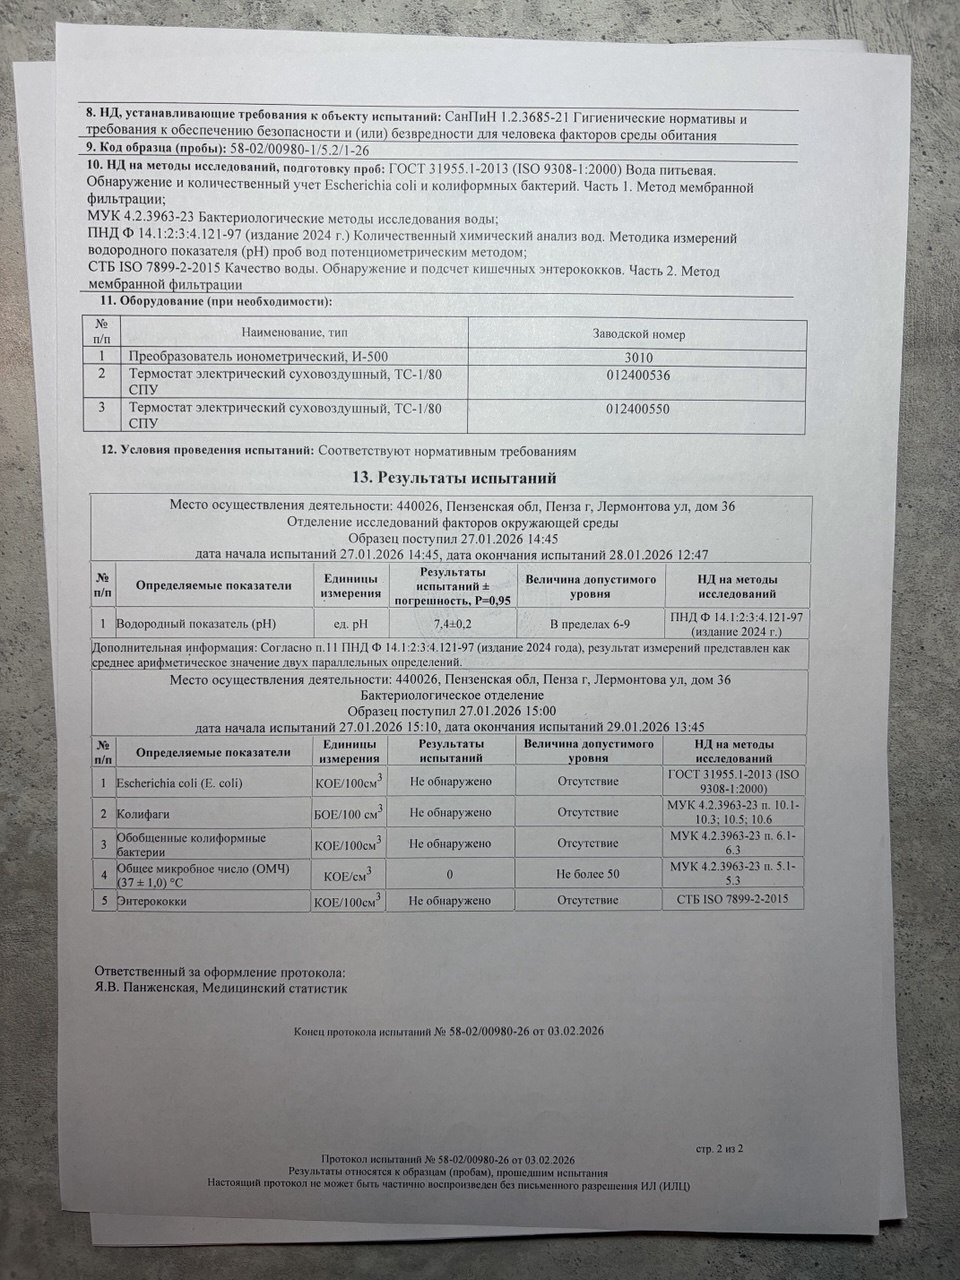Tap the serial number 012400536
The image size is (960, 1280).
click(637, 375)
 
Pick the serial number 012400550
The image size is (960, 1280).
click(637, 408)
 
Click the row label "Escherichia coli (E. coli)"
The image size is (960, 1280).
click(179, 781)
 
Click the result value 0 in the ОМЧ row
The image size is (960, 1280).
click(451, 874)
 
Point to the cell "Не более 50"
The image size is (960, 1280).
click(588, 874)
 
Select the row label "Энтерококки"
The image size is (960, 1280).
click(151, 901)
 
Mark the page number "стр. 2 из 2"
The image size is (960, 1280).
click(719, 1149)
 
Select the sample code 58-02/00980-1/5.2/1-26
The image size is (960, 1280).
click(299, 148)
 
